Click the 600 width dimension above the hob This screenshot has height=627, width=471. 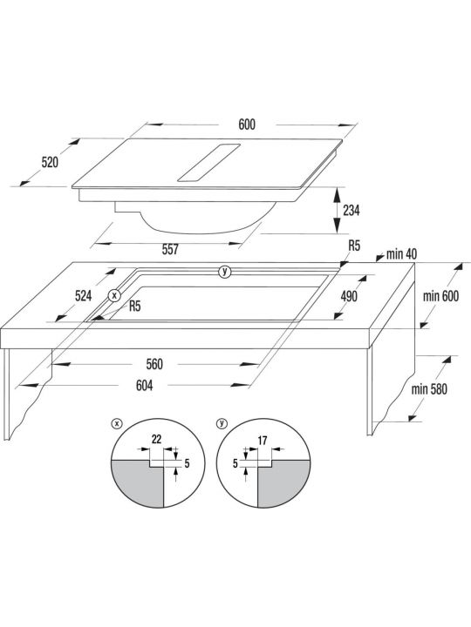(247, 125)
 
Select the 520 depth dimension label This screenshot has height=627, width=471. (50, 162)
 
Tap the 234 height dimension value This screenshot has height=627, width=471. (352, 211)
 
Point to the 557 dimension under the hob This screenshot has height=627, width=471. (170, 250)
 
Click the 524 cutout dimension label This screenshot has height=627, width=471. (84, 296)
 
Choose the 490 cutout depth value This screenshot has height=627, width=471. (349, 296)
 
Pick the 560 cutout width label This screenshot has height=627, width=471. (154, 364)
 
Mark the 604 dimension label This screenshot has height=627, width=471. (144, 386)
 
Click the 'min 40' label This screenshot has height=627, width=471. (401, 254)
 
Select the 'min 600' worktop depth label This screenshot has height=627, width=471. (441, 296)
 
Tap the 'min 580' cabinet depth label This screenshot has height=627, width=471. (429, 389)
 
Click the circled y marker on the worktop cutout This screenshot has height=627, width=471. (225, 272)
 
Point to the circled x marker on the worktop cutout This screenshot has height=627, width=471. (114, 296)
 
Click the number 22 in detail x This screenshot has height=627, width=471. (156, 440)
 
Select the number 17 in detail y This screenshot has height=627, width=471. (263, 441)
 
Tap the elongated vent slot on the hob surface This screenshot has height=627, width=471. (208, 163)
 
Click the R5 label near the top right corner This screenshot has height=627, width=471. (354, 246)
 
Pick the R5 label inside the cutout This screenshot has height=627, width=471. (135, 307)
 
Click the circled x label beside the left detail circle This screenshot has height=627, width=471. (116, 424)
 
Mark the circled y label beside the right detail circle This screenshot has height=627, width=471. (222, 424)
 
